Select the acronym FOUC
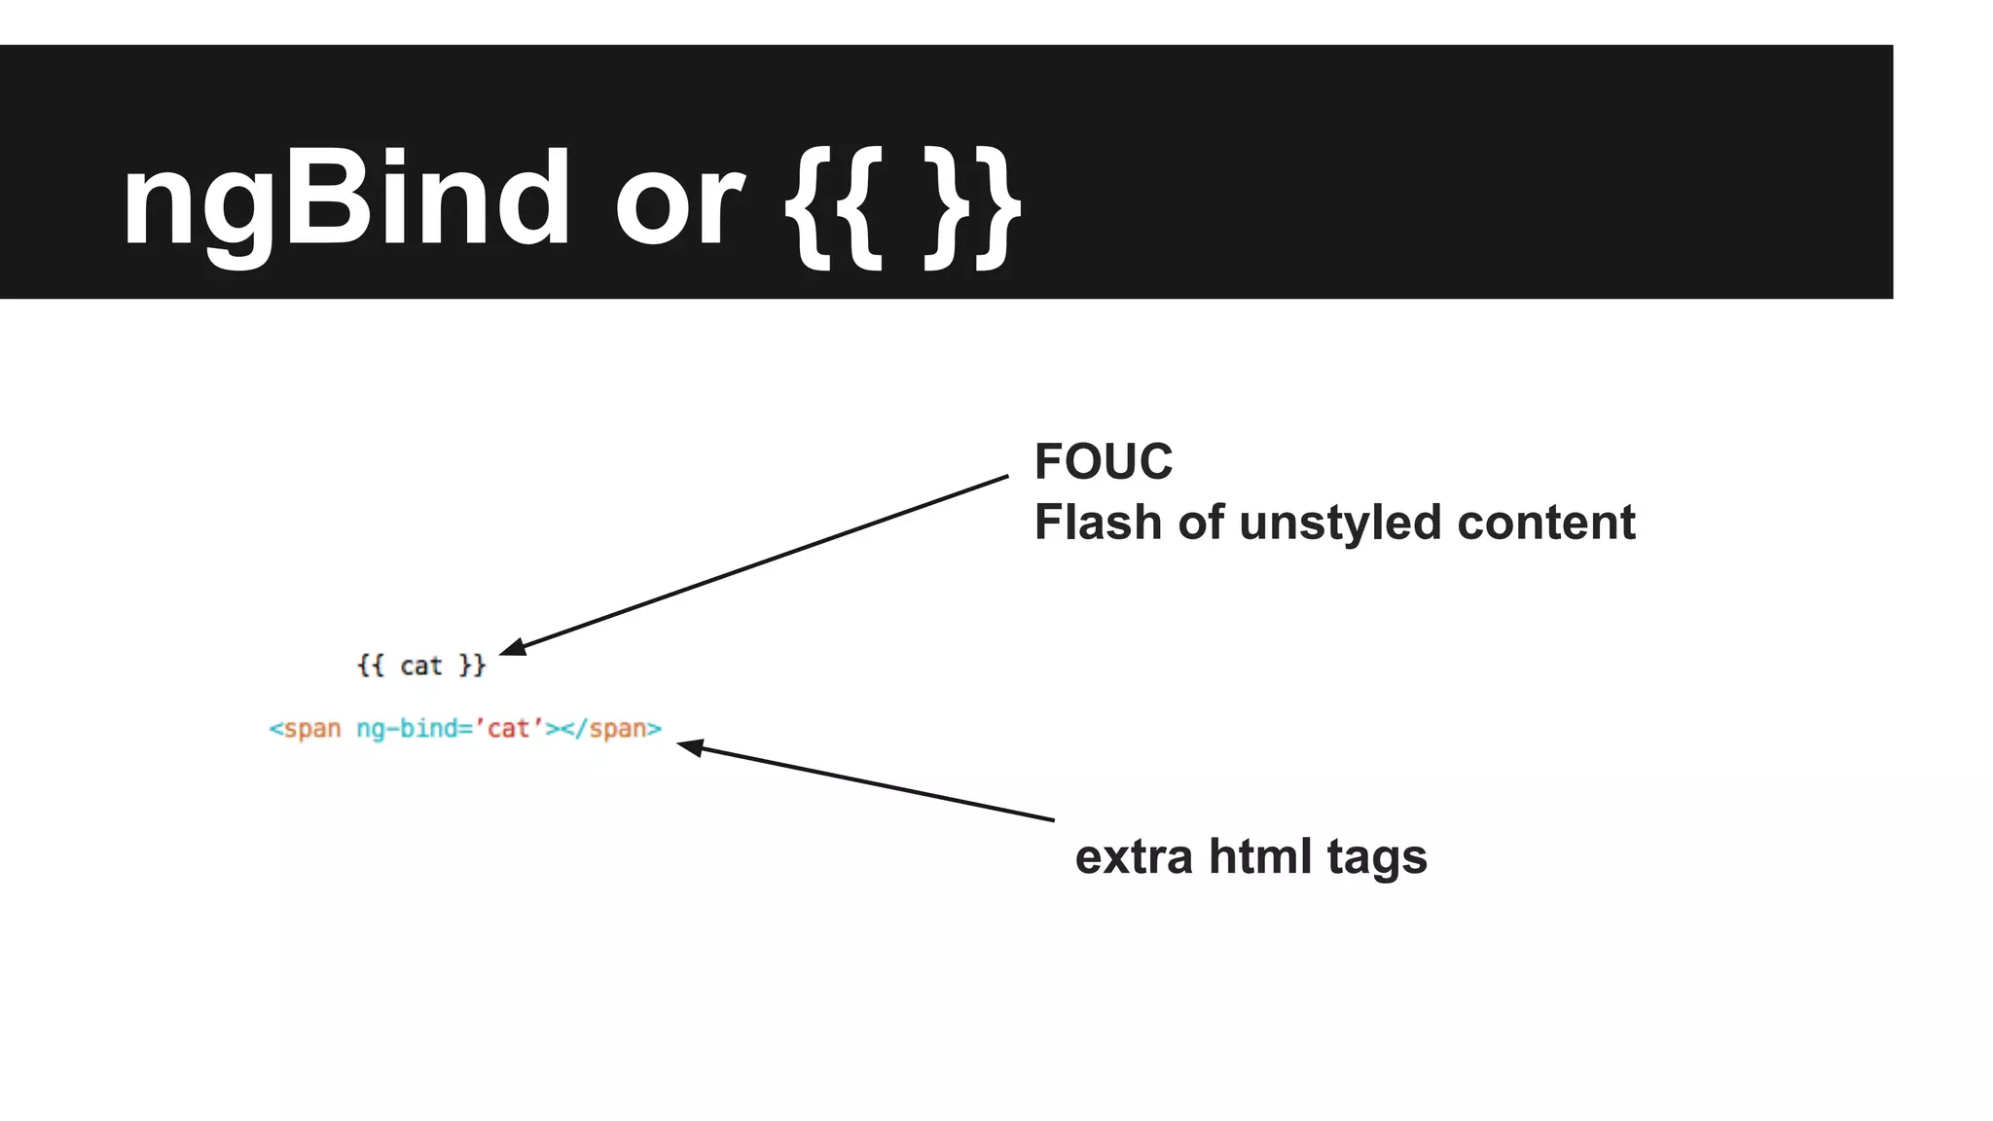click(1103, 461)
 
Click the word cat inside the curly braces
click(420, 667)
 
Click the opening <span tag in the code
click(305, 729)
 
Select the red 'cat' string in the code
click(509, 728)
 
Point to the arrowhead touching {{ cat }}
click(512, 647)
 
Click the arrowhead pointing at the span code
click(689, 747)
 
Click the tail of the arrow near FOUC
click(1005, 477)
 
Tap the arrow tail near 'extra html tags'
click(1051, 819)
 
